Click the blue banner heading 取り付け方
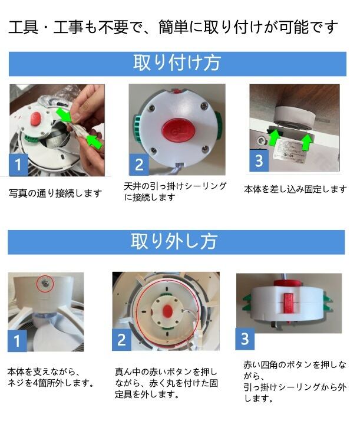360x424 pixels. (x=177, y=64)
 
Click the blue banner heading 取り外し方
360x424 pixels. (x=176, y=242)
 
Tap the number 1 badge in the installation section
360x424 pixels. (x=18, y=165)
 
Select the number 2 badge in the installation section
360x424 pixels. (x=139, y=165)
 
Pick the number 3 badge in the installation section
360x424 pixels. (x=259, y=160)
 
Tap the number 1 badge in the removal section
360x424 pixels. (x=17, y=341)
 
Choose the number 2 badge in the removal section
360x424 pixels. (x=121, y=340)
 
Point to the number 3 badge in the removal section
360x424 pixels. (x=245, y=339)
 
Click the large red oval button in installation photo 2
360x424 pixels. (x=178, y=131)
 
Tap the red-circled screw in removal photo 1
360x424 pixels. (x=45, y=283)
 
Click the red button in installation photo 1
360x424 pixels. (x=36, y=119)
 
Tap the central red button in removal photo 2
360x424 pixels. (x=167, y=310)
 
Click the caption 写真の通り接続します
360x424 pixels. (x=55, y=193)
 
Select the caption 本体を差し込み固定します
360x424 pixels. (x=295, y=189)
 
